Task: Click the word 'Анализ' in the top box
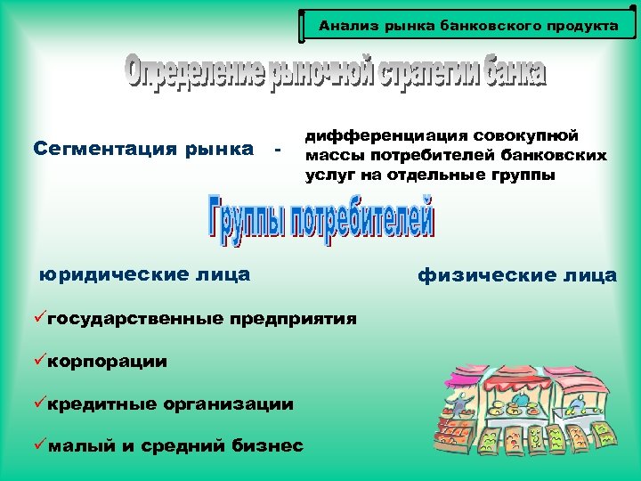[x=344, y=26]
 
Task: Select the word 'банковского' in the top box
[x=489, y=26]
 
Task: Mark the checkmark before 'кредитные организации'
[x=41, y=404]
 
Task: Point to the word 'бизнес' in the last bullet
[x=265, y=445]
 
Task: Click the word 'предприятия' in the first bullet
[x=293, y=319]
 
